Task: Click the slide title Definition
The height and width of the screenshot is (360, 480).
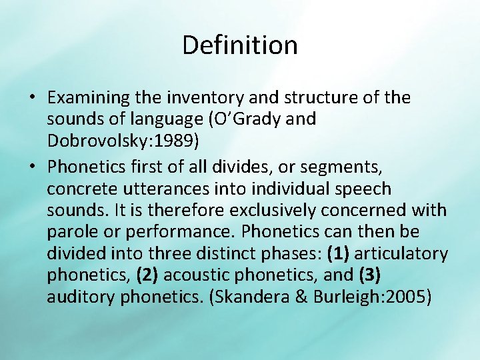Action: click(239, 45)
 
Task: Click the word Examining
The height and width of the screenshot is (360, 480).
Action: click(88, 98)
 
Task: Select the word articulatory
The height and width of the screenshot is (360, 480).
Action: click(406, 254)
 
